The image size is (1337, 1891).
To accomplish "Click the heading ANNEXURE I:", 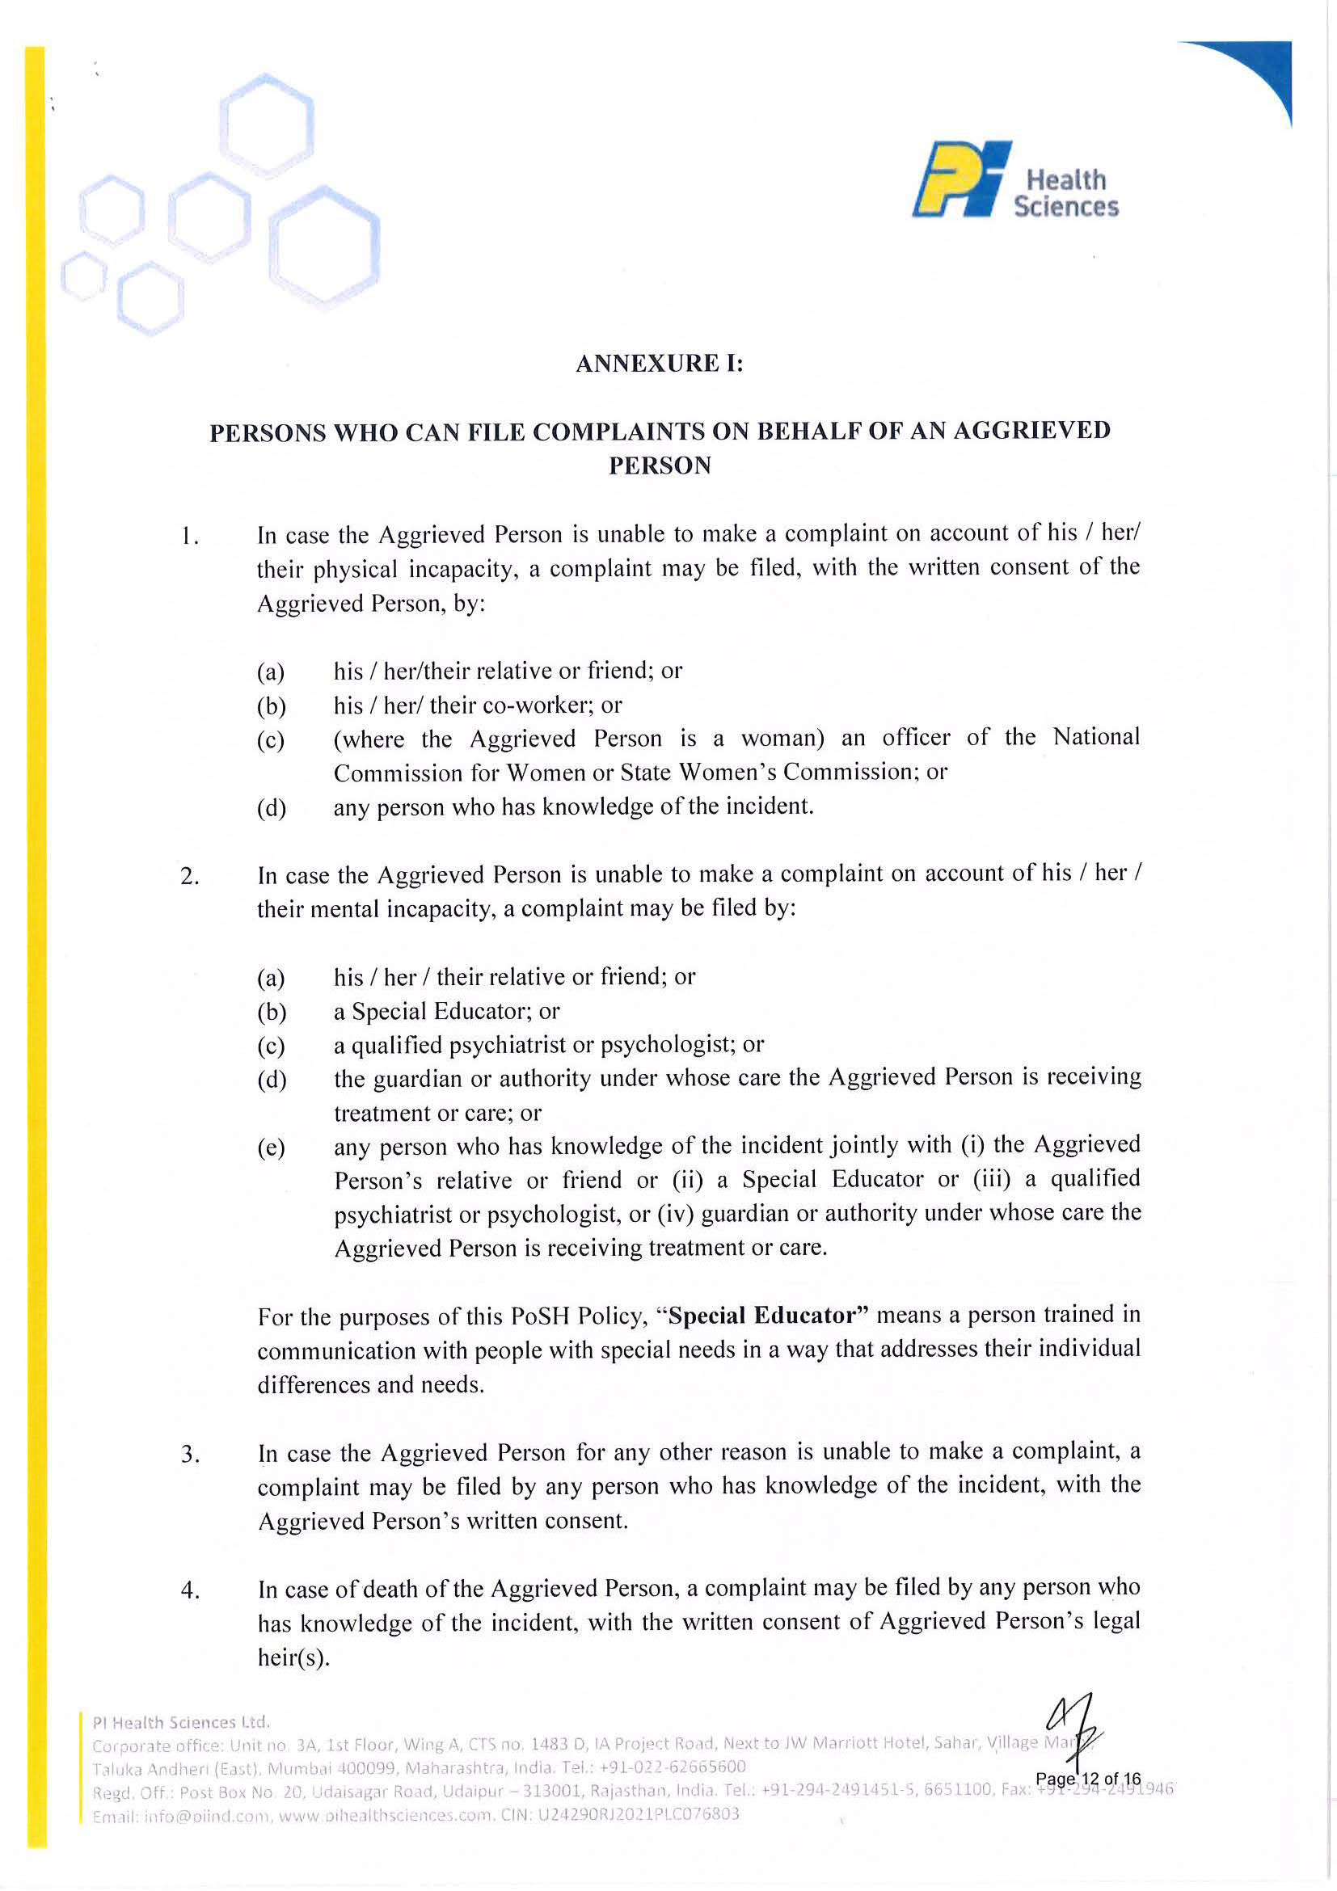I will point(659,363).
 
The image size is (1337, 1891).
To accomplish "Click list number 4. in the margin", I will point(189,1591).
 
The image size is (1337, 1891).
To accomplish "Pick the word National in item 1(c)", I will point(1095,737).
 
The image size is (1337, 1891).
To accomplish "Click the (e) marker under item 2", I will point(271,1148).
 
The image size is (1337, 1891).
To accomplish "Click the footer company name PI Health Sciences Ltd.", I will point(181,1722).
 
